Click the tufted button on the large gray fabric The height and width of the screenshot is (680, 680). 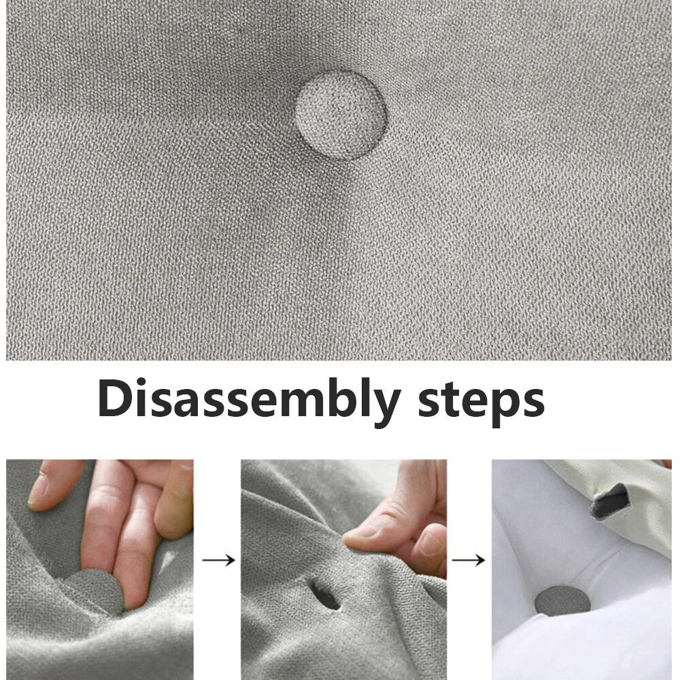(341, 115)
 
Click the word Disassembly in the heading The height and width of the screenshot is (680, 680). (249, 400)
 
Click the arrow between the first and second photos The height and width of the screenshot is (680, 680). (219, 560)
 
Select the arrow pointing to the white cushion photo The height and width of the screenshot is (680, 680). (469, 560)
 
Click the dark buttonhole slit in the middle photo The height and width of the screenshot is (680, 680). (324, 594)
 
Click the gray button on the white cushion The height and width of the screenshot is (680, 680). (562, 600)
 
